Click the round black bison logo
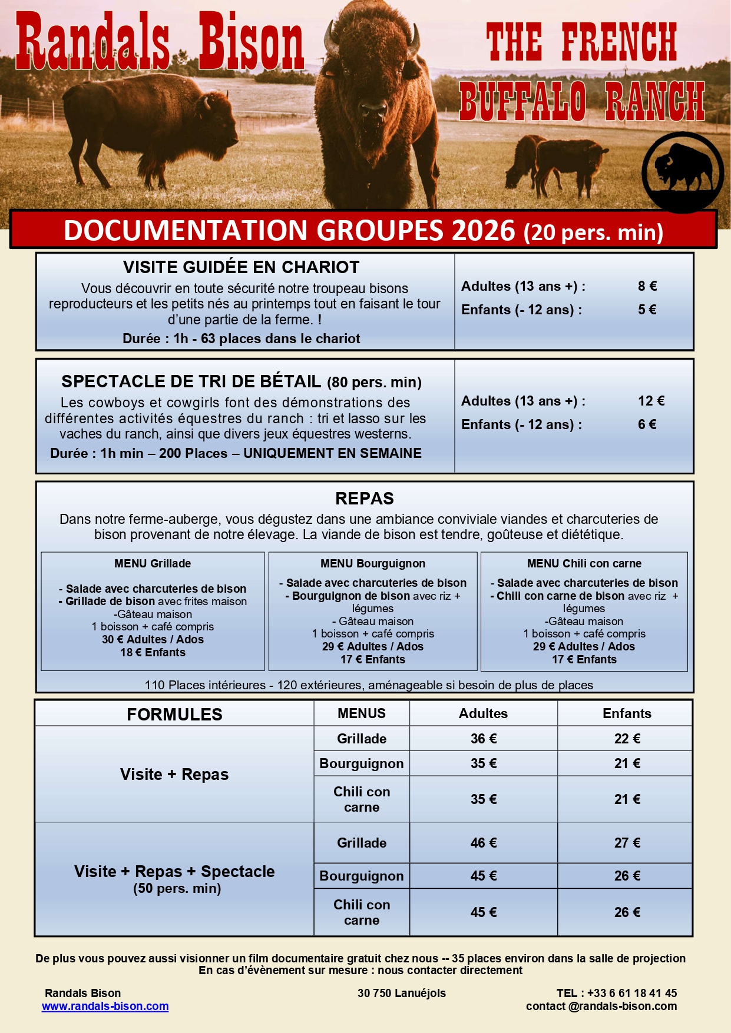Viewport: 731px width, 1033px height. click(682, 172)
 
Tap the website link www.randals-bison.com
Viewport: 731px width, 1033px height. click(105, 1006)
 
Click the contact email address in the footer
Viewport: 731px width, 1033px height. click(601, 1006)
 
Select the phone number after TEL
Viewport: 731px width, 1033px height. click(631, 993)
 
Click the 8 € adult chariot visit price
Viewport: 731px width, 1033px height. click(647, 286)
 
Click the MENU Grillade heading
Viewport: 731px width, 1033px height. click(153, 563)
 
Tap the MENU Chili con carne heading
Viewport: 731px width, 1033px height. click(584, 563)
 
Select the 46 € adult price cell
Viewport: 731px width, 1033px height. click(483, 843)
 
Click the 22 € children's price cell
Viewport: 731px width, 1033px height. click(627, 739)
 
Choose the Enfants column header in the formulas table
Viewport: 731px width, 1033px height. click(627, 713)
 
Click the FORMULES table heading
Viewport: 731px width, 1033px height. click(174, 715)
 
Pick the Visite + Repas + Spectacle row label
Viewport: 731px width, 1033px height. click(174, 872)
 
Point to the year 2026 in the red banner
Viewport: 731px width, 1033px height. click(483, 230)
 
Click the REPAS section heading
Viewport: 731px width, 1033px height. click(364, 499)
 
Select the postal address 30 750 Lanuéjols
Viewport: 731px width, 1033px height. click(401, 993)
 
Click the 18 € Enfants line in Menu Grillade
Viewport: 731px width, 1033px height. click(153, 652)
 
